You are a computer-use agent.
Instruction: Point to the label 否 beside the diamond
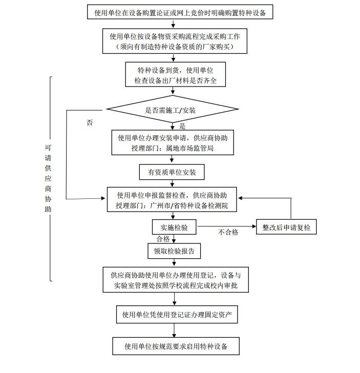[x=90, y=123]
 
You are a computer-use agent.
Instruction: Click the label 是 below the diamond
[x=182, y=126]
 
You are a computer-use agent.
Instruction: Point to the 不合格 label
[x=228, y=233]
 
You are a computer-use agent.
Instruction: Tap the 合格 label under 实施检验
[x=163, y=239]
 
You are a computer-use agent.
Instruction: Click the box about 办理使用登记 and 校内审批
[x=175, y=280]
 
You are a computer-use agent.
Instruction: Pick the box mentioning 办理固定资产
[x=176, y=314]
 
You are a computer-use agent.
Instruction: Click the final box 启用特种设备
[x=175, y=346]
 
